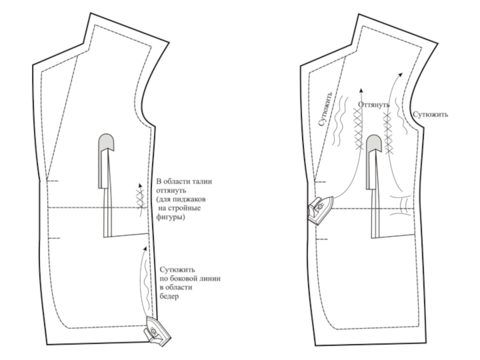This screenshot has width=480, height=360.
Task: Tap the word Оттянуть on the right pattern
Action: coord(374,104)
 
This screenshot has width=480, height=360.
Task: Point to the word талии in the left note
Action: coord(200,181)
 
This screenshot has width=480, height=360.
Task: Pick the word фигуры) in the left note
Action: coord(170,217)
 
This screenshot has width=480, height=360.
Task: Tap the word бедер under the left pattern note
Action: coord(170,296)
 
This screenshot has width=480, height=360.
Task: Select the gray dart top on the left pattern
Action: coord(107,142)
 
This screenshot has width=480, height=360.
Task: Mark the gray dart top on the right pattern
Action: coord(374,142)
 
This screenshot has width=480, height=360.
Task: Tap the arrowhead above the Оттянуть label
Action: coord(361,91)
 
